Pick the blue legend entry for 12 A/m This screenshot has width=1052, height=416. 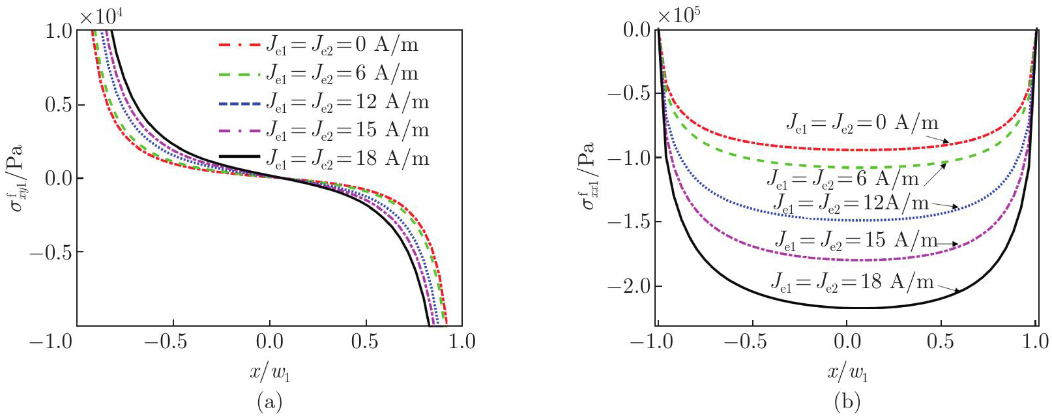pyautogui.click(x=323, y=102)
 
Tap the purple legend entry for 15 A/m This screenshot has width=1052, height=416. pyautogui.click(x=323, y=130)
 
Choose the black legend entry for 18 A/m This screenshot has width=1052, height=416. pyautogui.click(x=323, y=158)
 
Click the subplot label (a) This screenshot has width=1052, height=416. pyautogui.click(x=269, y=402)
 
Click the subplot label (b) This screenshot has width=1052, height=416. pyautogui.click(x=847, y=402)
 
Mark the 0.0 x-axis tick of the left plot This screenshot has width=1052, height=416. pyautogui.click(x=269, y=341)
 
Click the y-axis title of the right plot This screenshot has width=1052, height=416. pyautogui.click(x=589, y=176)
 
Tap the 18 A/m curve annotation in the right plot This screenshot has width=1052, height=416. pyautogui.click(x=853, y=282)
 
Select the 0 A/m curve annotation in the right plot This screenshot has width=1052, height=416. pyautogui.click(x=862, y=123)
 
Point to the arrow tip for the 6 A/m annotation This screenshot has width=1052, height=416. pyautogui.click(x=946, y=164)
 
